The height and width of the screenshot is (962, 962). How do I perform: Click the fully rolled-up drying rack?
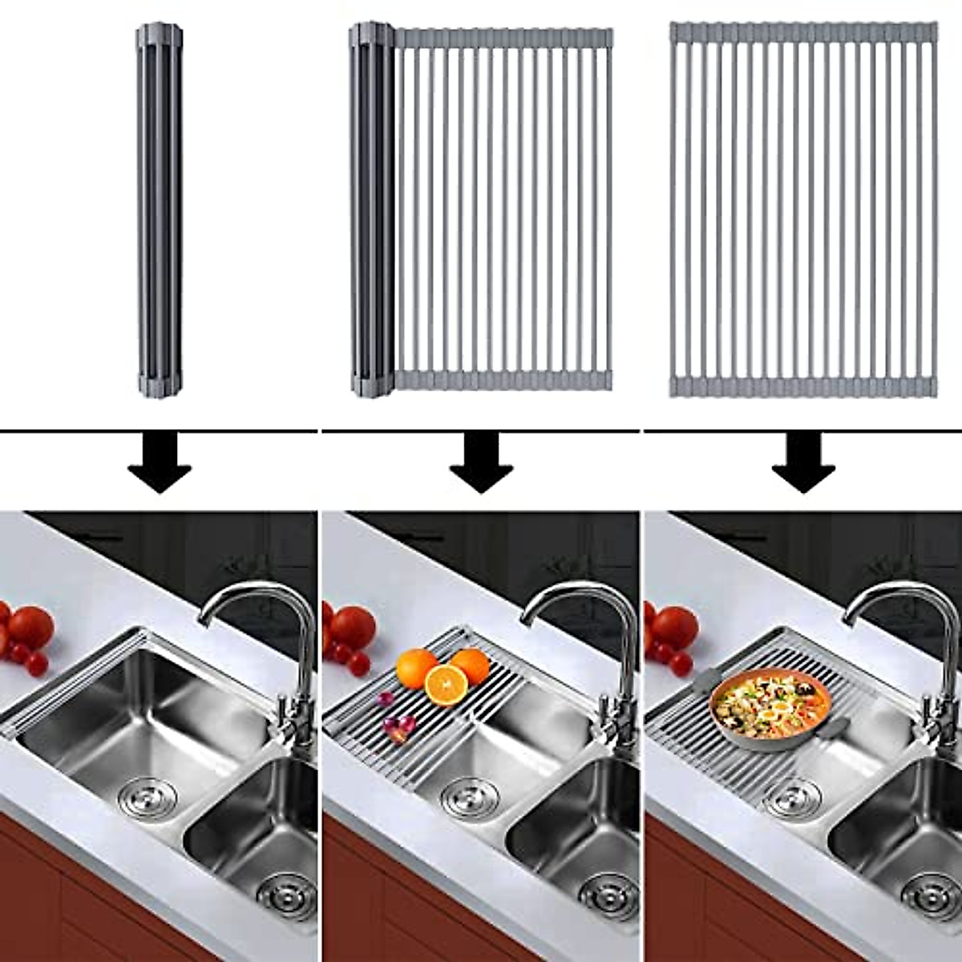[160, 210]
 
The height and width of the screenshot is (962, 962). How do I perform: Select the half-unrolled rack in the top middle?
[481, 210]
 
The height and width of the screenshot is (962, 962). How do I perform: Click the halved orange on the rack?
[446, 685]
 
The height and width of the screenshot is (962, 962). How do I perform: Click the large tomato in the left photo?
[30, 626]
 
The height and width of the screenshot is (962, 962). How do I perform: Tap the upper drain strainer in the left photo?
[144, 794]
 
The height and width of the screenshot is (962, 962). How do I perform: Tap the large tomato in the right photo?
[674, 626]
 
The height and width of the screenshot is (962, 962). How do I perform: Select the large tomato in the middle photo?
[353, 626]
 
